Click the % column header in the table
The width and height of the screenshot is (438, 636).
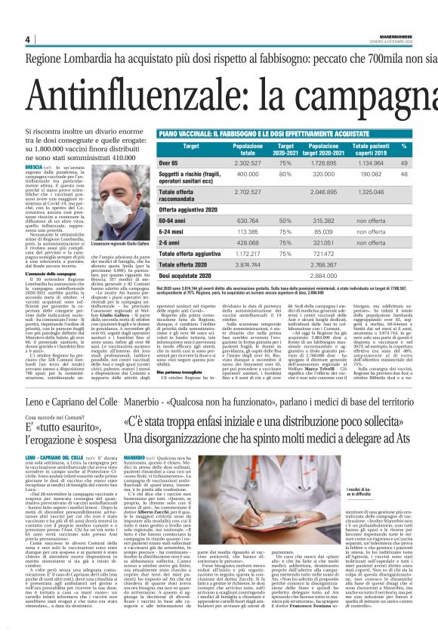coord(404,147)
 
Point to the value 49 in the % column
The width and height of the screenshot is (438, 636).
coord(404,163)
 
